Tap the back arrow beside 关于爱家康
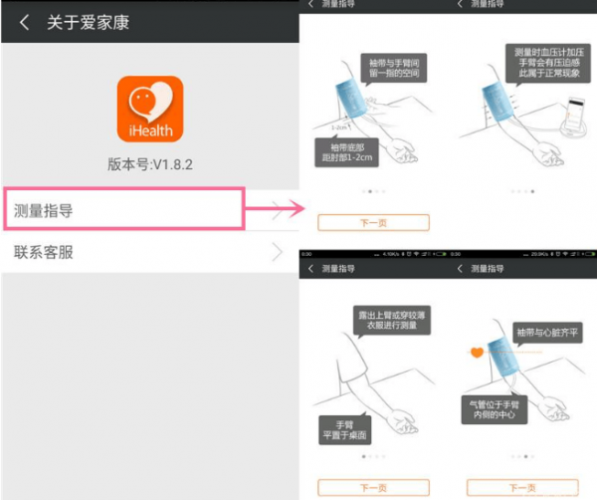pyautogui.click(x=24, y=22)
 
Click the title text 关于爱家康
pyautogui.click(x=88, y=22)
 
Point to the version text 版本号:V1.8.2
pyautogui.click(x=149, y=163)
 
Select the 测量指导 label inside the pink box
pyautogui.click(x=44, y=210)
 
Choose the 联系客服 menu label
pyautogui.click(x=44, y=252)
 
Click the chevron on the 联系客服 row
pyautogui.click(x=277, y=253)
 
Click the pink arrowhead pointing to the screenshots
pyautogui.click(x=295, y=209)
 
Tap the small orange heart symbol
pyautogui.click(x=477, y=353)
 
